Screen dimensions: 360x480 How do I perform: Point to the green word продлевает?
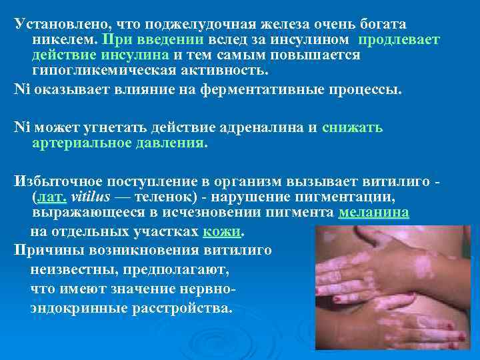point(399,40)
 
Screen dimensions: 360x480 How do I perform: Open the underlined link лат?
point(50,198)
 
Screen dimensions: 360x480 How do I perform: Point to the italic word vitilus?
point(90,198)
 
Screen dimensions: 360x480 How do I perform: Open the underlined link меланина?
point(374,213)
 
